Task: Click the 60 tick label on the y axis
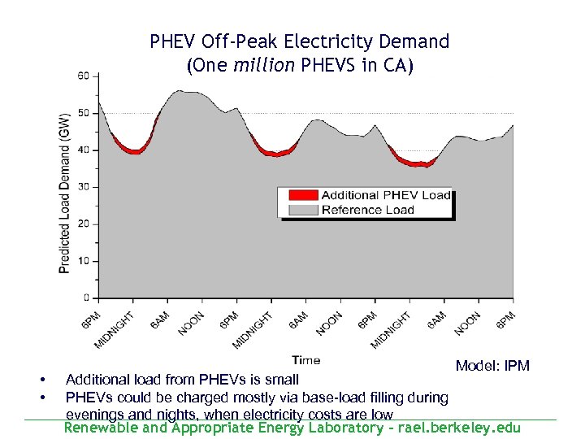tap(84, 76)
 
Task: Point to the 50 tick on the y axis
tap(84, 113)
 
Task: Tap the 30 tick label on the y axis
tap(84, 187)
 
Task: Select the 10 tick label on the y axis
tap(84, 261)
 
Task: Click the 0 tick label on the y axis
tap(86, 298)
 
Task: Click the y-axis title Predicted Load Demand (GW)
tap(65, 192)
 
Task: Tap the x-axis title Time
tap(305, 360)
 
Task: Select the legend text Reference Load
tap(367, 210)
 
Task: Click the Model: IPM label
tap(492, 366)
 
